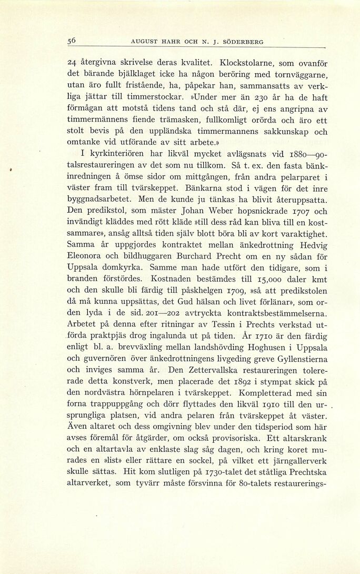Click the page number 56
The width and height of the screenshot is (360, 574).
(x=73, y=41)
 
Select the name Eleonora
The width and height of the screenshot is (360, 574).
(x=88, y=256)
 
